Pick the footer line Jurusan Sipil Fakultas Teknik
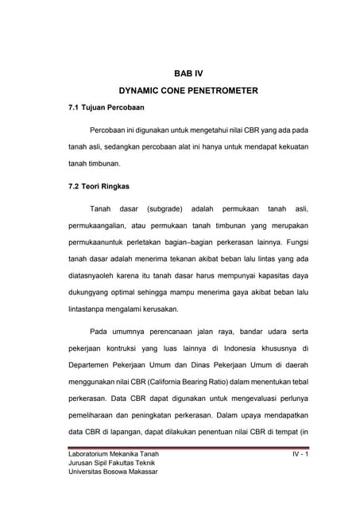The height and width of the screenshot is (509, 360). (112, 463)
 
